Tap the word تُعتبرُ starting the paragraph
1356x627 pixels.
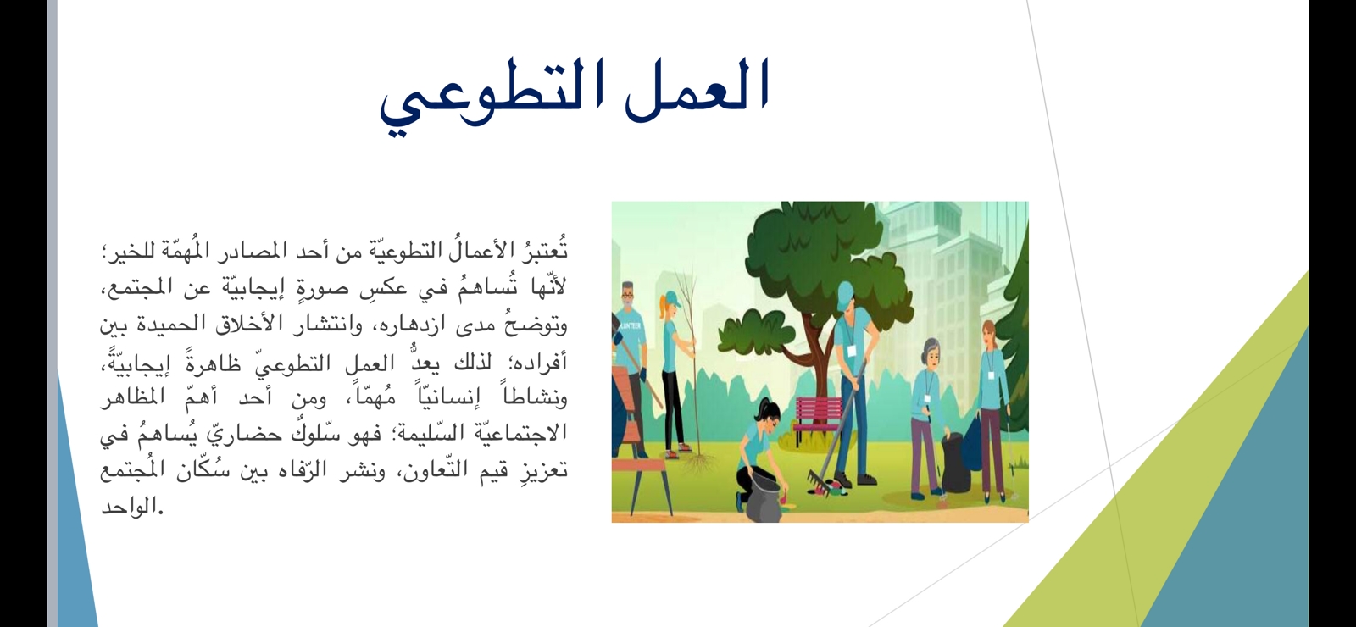point(537,249)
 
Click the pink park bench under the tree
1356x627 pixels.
point(816,414)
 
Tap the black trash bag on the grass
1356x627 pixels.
point(955,463)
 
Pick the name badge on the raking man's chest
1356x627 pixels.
point(852,351)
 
